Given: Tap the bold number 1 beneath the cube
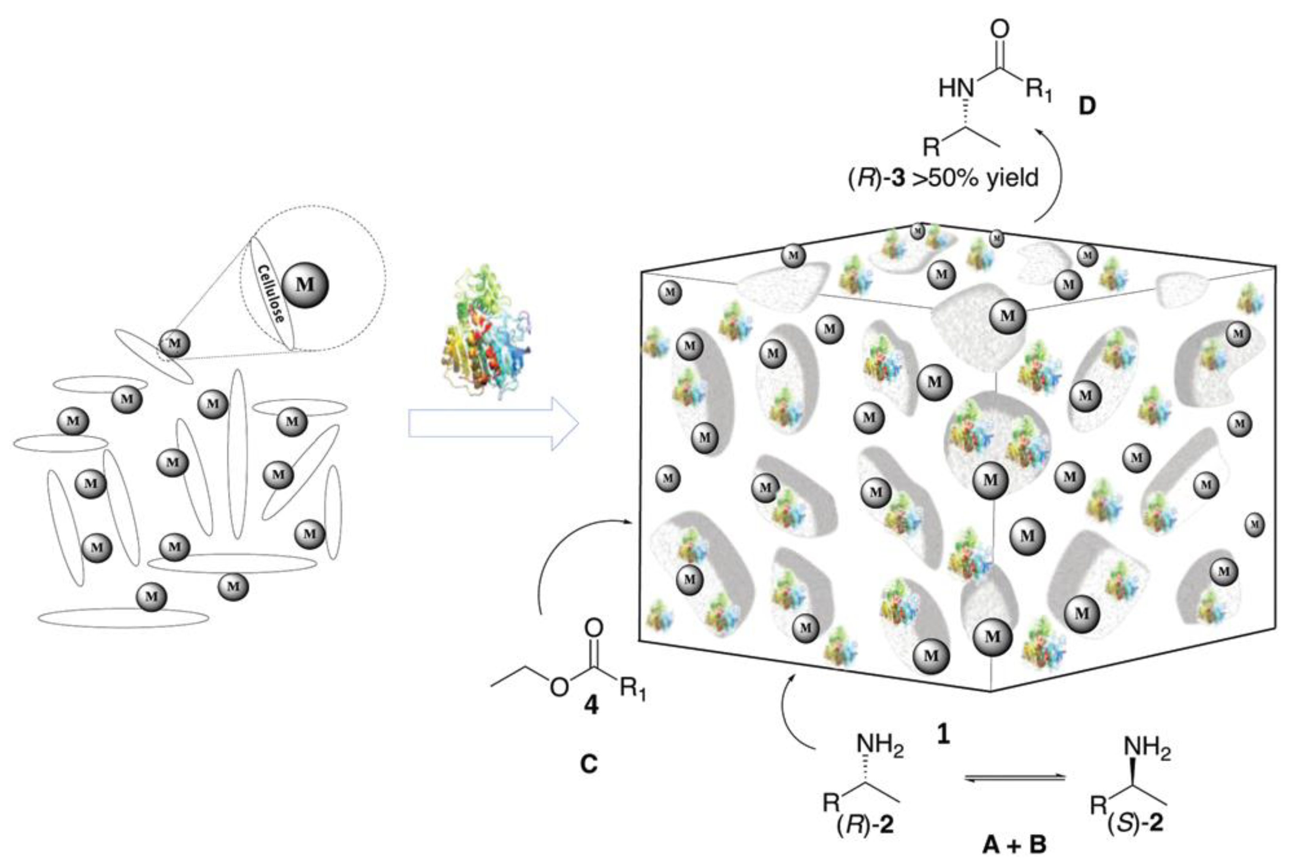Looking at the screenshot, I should click(x=943, y=734).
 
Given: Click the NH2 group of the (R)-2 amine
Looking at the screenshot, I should click(x=880, y=747).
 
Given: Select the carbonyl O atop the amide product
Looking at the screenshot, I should click(x=999, y=30).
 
